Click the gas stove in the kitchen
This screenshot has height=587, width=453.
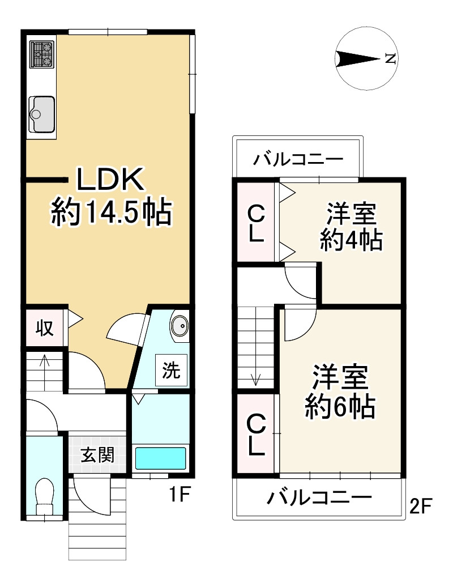[x=41, y=55]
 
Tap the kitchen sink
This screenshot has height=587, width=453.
[x=41, y=111]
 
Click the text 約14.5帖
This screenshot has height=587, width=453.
[x=111, y=212]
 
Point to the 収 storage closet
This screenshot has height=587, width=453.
[x=45, y=327]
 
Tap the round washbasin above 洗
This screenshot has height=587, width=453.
[x=180, y=326]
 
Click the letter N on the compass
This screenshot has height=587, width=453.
[x=390, y=58]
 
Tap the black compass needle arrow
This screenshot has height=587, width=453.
[x=357, y=58]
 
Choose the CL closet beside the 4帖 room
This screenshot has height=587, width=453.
[x=255, y=223]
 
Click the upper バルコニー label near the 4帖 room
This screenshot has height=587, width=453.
[x=298, y=158]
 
